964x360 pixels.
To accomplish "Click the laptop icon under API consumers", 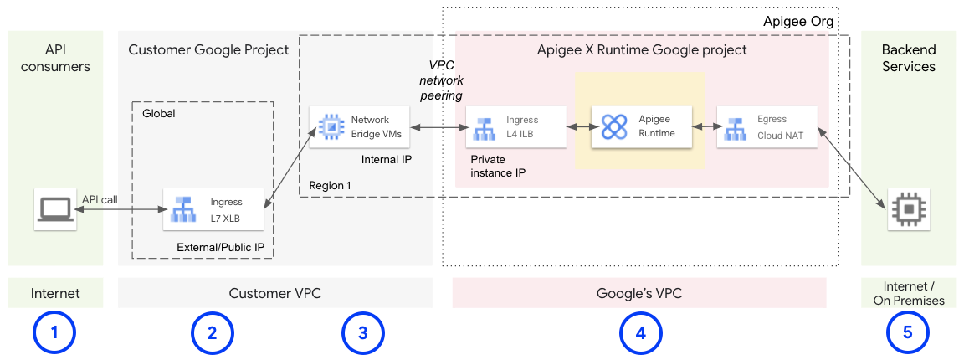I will (55, 208).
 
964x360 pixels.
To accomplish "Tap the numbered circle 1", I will (54, 332).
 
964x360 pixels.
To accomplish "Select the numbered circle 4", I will (640, 332).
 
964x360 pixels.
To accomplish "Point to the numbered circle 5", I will (908, 332).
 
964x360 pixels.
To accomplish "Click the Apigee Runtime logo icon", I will (613, 126).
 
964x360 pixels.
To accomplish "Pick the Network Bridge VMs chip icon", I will (331, 126).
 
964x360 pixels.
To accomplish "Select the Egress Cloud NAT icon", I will (737, 126).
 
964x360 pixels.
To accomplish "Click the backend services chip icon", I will (908, 208).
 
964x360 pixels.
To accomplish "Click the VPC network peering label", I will (441, 82).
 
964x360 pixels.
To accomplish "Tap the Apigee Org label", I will (798, 22).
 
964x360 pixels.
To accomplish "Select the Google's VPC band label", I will (639, 293).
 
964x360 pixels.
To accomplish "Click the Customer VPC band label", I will (274, 293).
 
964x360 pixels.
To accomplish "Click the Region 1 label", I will (330, 185).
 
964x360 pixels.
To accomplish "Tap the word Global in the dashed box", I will (159, 113).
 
